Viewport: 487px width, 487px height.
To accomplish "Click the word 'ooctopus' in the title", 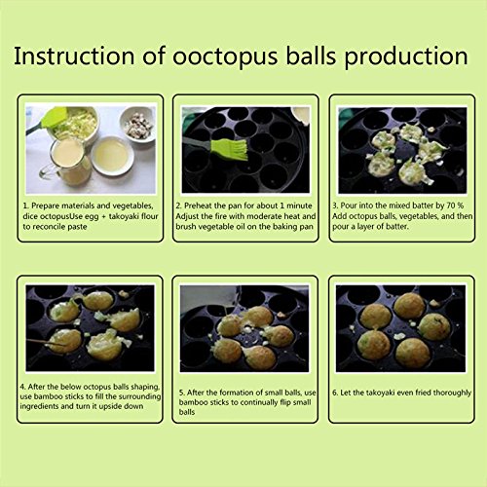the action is click(225, 57).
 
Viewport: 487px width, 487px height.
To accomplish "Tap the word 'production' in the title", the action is click(406, 57).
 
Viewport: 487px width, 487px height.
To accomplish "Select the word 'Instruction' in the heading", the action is click(74, 56).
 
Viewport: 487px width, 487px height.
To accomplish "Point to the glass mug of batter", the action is click(66, 162).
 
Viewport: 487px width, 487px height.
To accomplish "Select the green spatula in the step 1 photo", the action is click(49, 120).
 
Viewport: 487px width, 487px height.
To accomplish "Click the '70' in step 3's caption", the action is click(450, 206).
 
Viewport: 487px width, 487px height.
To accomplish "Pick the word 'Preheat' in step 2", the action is click(198, 206).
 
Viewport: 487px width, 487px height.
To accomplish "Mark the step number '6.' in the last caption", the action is click(335, 393).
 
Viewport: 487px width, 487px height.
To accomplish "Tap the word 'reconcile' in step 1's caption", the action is click(47, 227).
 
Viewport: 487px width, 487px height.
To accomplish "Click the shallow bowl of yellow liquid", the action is click(112, 155).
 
